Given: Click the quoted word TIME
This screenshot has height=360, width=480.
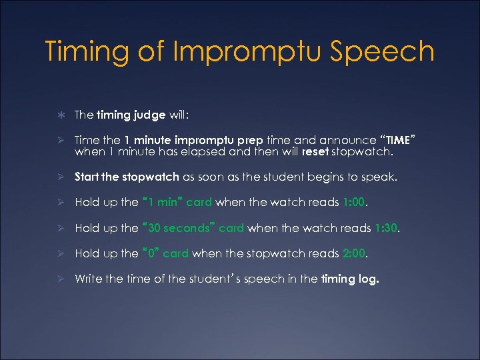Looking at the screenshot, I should (x=399, y=140).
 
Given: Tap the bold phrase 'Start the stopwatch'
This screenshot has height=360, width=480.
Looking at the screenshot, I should (x=127, y=177).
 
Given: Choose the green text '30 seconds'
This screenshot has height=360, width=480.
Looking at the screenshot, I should (x=179, y=227).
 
